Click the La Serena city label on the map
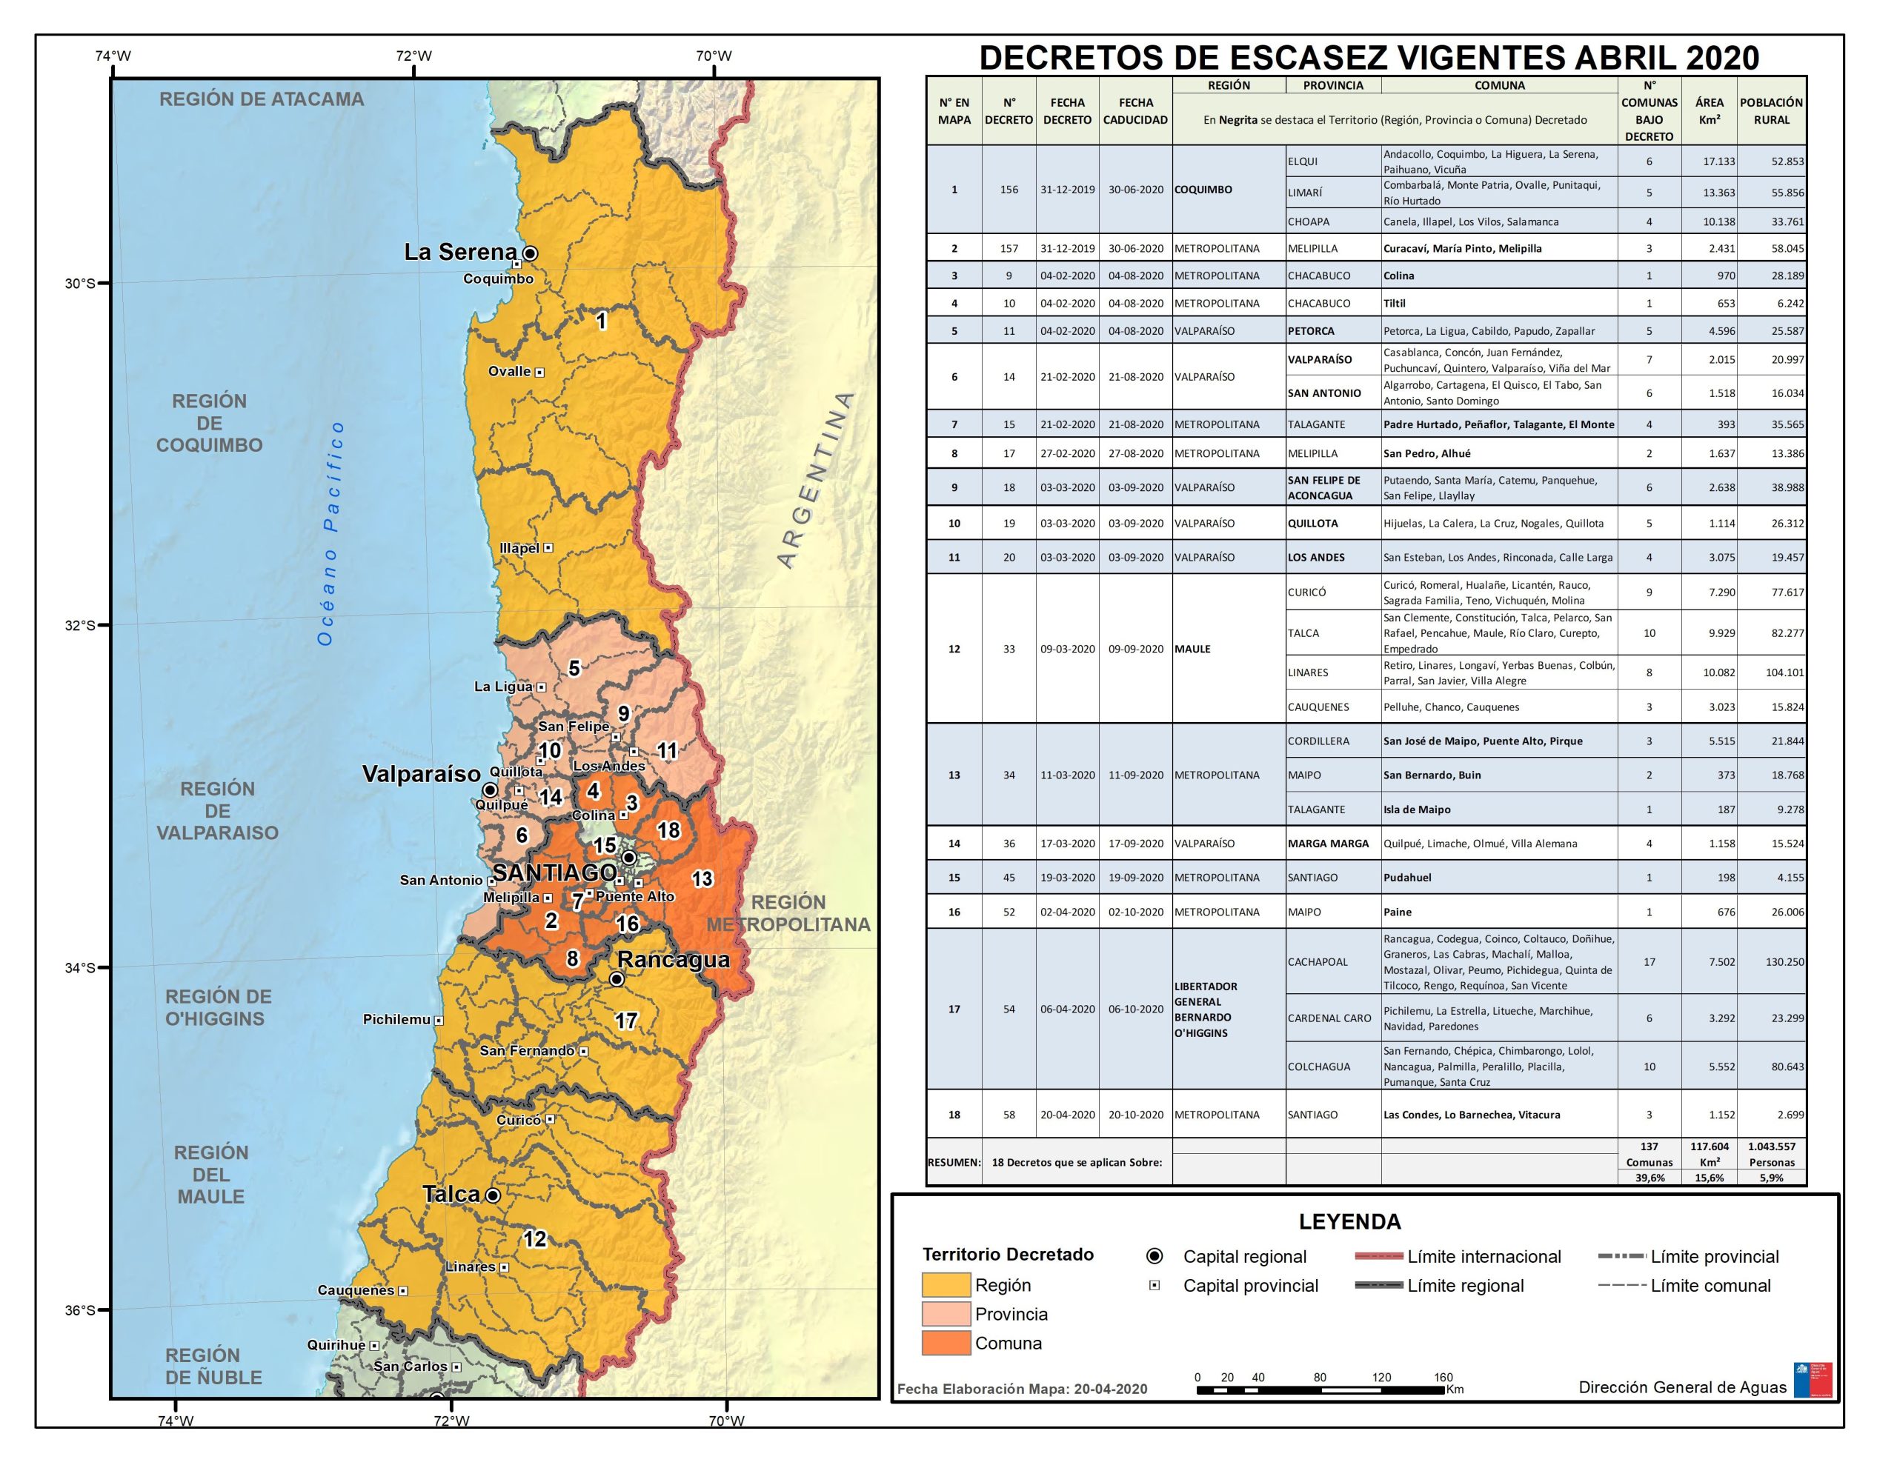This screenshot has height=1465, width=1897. [x=460, y=253]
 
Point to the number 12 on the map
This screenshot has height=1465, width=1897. [x=535, y=1239]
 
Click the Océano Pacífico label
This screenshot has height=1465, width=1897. [x=331, y=533]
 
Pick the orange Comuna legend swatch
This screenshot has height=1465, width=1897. [x=946, y=1343]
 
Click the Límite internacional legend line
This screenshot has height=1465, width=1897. [x=1378, y=1257]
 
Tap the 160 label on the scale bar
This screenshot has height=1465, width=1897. [x=1443, y=1378]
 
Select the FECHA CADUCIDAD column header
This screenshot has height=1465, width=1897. [x=1135, y=111]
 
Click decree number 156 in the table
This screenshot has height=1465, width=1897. [x=1009, y=190]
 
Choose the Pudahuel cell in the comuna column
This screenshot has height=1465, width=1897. [x=1407, y=877]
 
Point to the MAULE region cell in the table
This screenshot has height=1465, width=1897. [x=1192, y=649]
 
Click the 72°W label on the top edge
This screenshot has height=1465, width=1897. [x=413, y=56]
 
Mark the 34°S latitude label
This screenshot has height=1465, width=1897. [x=80, y=967]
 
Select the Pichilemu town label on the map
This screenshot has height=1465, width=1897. [x=396, y=1020]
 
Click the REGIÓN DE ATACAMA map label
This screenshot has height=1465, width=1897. [x=262, y=99]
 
